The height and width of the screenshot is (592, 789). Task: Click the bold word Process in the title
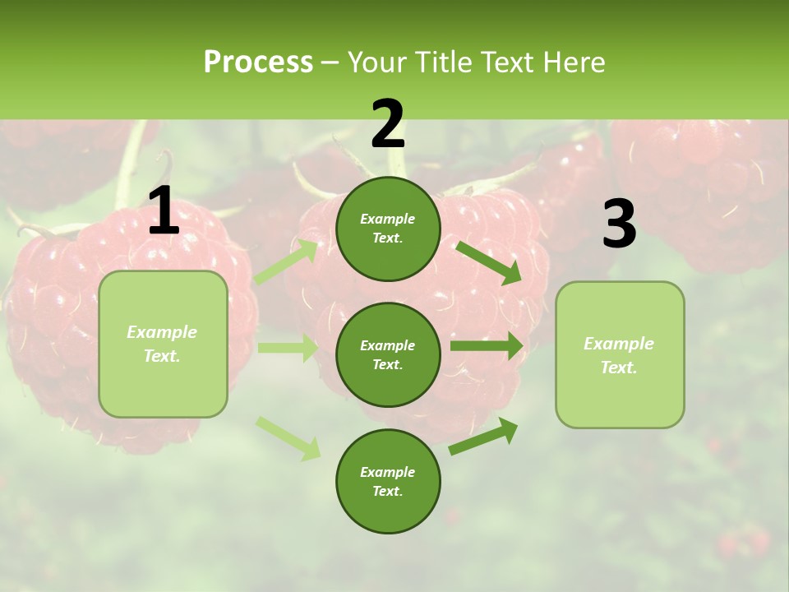click(x=258, y=62)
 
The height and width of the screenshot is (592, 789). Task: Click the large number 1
click(x=164, y=212)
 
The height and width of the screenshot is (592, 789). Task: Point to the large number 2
click(x=388, y=124)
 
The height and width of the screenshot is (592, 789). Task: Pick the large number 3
click(x=619, y=224)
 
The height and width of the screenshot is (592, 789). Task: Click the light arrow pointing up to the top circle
click(x=287, y=262)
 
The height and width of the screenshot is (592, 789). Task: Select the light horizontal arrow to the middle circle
click(x=288, y=348)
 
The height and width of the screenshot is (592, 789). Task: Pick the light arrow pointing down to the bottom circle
click(x=288, y=437)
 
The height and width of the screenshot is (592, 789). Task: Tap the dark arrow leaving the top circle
click(x=487, y=261)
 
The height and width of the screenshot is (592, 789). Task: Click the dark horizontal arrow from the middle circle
click(x=486, y=345)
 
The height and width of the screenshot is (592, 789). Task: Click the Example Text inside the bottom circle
click(x=387, y=482)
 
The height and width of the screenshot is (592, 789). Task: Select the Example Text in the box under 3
click(x=619, y=355)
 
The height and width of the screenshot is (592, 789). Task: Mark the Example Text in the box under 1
click(x=162, y=344)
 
